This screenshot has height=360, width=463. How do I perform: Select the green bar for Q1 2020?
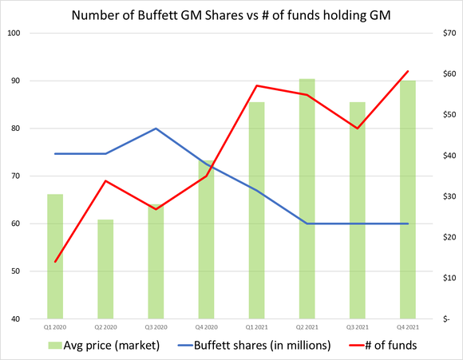click(55, 256)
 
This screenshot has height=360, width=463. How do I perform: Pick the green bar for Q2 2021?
click(307, 199)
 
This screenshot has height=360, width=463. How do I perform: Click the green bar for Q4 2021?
click(407, 200)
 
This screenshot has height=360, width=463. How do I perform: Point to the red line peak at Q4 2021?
click(408, 72)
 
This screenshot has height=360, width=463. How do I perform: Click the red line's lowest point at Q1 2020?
click(55, 262)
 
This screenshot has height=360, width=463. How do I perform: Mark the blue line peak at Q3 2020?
click(156, 129)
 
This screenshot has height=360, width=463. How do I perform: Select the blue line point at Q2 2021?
click(307, 224)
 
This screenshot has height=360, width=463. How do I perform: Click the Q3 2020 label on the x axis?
click(156, 327)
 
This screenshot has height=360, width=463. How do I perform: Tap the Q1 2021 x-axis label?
click(256, 327)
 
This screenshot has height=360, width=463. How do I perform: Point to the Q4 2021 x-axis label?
click(407, 327)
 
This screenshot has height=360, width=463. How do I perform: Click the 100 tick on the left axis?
click(15, 34)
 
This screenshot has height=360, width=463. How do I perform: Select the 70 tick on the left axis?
click(17, 176)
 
